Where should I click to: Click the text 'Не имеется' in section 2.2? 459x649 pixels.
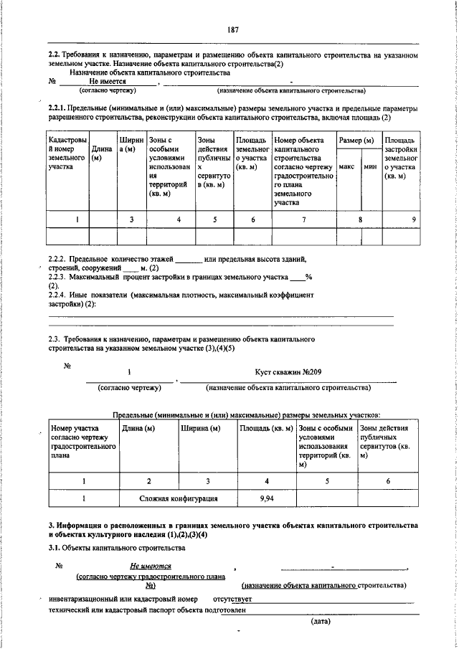[108, 82]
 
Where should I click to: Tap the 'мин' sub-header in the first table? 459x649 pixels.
[370, 166]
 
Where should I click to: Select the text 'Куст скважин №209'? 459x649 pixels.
[287, 372]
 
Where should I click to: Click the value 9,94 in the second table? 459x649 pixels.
[267, 497]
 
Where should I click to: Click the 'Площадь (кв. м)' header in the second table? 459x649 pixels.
[266, 428]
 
